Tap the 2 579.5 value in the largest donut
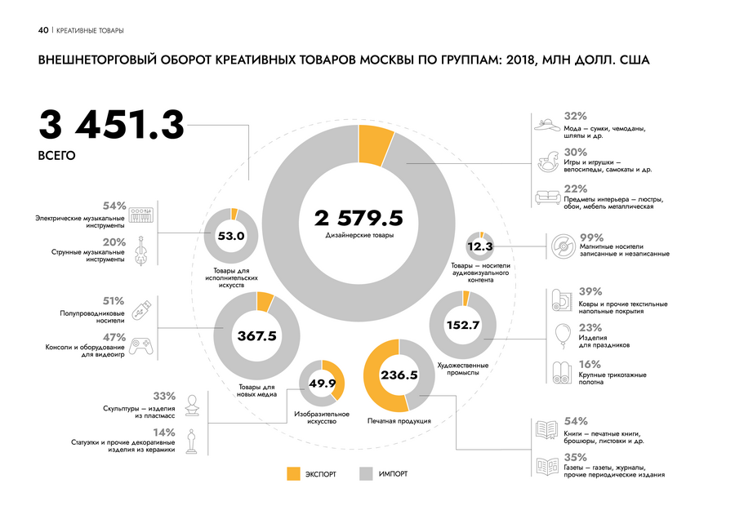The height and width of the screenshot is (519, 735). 359,218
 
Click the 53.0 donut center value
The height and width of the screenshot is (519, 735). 231,237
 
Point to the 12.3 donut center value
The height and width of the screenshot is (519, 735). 480,246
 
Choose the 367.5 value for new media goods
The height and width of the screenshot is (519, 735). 256,335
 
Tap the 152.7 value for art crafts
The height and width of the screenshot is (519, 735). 462,325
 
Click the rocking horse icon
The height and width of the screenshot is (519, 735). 547,161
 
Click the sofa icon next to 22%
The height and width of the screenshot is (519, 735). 547,197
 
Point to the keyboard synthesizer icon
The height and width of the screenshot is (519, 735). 143,214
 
